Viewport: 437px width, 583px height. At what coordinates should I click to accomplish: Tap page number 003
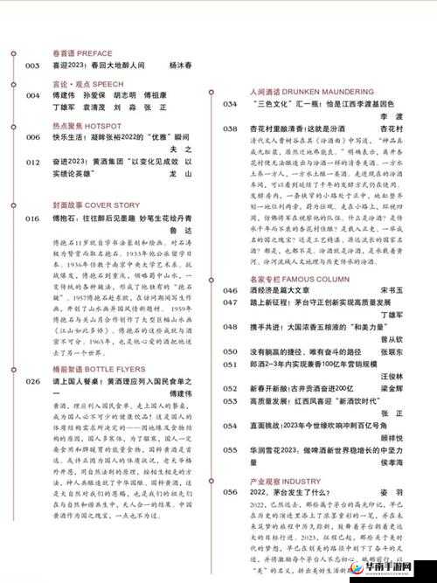[32, 66]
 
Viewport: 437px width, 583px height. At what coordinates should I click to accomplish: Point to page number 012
[32, 163]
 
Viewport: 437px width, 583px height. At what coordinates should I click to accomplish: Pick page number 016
[32, 219]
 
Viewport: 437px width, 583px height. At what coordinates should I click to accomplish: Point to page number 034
[230, 104]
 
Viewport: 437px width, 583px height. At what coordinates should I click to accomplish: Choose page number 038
[230, 128]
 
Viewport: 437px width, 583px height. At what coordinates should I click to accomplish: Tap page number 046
[230, 290]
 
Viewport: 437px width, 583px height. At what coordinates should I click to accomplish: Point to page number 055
[230, 447]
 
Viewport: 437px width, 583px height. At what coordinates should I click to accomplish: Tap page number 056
[230, 492]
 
